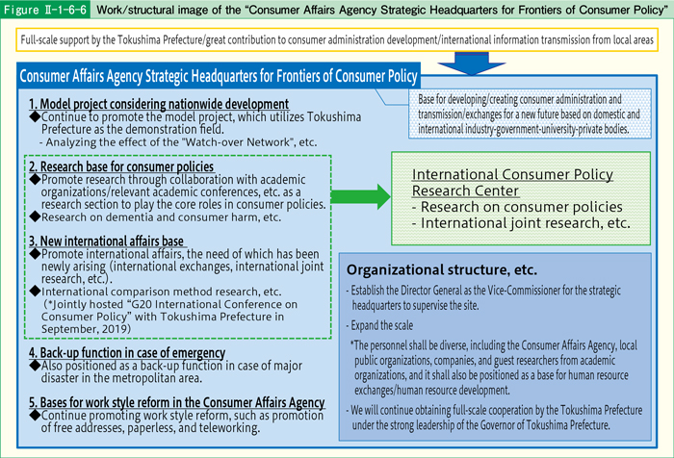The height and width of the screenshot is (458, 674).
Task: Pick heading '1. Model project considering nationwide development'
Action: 158,104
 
